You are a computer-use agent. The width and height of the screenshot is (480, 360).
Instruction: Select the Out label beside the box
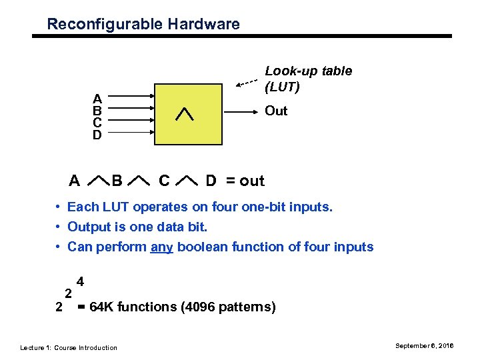click(276, 111)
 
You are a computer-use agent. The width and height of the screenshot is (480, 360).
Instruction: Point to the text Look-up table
click(309, 71)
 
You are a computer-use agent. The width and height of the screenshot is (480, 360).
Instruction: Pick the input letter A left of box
click(97, 99)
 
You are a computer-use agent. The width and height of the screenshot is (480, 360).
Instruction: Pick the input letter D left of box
click(97, 135)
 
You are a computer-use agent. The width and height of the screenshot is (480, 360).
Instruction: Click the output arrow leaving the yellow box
click(241, 111)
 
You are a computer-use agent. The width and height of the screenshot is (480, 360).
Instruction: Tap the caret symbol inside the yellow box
click(184, 114)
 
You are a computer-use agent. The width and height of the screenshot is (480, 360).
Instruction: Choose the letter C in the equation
click(164, 181)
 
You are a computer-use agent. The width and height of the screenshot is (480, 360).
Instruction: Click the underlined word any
click(162, 247)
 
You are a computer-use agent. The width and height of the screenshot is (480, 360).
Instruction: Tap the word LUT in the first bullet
click(111, 207)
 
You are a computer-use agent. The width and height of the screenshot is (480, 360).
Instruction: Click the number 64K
click(103, 307)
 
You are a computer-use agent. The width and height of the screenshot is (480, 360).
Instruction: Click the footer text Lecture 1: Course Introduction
click(69, 347)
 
